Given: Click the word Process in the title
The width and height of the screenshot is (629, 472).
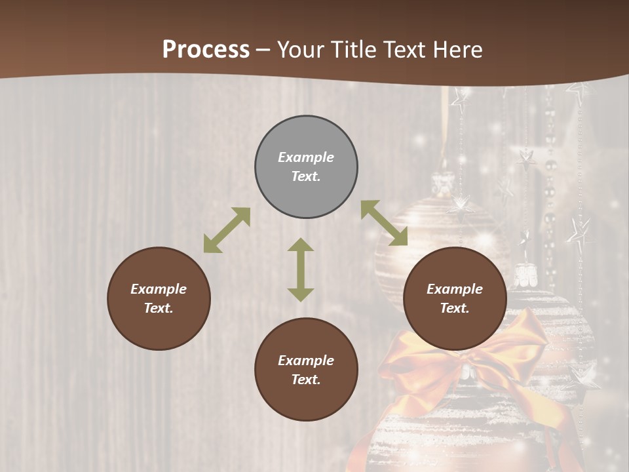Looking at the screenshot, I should click(206, 50).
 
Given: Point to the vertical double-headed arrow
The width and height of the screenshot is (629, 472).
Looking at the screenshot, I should click(301, 269).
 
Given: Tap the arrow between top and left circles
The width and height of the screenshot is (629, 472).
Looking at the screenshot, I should click(227, 230).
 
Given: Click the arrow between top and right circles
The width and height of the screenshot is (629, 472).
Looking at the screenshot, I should click(384, 223).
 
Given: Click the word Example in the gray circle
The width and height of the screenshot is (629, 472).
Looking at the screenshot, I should click(306, 157).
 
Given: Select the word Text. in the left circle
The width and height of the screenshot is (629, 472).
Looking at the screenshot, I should click(159, 308).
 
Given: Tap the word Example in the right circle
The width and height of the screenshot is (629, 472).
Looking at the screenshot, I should click(455, 289).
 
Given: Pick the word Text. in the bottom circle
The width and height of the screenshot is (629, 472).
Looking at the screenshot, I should click(306, 380).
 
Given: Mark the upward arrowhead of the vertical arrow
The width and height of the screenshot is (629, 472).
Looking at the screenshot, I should click(301, 245).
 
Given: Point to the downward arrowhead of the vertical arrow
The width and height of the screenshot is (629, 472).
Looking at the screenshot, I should click(301, 294).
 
